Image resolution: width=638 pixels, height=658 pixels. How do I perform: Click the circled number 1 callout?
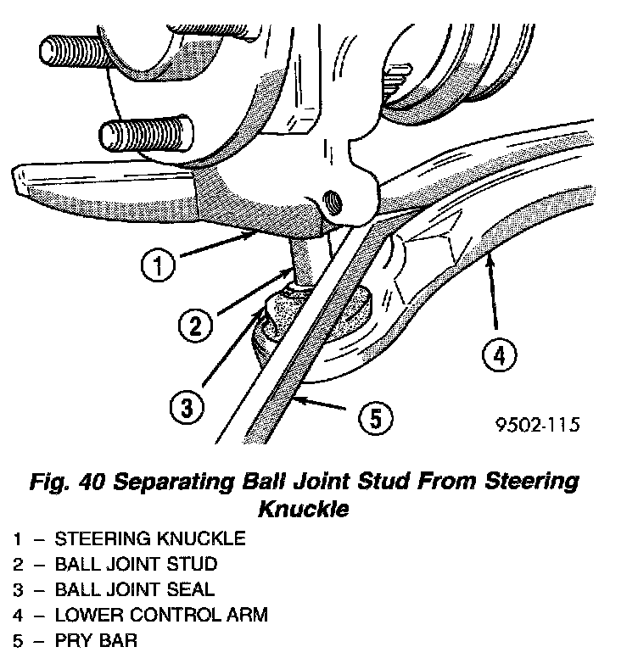159,268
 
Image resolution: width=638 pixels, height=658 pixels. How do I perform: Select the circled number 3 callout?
186,409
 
